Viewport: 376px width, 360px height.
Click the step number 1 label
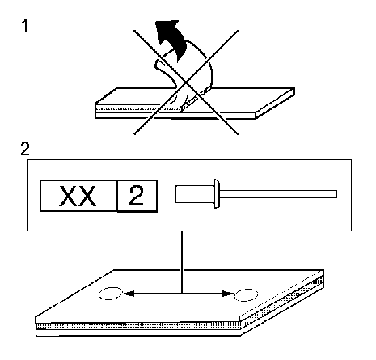pyautogui.click(x=25, y=26)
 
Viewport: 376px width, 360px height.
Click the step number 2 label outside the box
pyautogui.click(x=25, y=149)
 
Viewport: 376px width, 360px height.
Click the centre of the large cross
pyautogui.click(x=186, y=82)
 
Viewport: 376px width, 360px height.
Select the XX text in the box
pyautogui.click(x=78, y=196)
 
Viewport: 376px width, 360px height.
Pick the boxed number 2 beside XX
pyautogui.click(x=137, y=196)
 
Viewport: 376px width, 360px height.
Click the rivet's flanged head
pyautogui.click(x=217, y=193)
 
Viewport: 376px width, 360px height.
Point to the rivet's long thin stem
pyautogui.click(x=278, y=194)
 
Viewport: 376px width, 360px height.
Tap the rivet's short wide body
pyautogui.click(x=195, y=194)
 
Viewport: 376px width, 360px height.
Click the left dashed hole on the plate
pyautogui.click(x=111, y=294)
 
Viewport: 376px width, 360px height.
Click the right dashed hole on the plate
pyautogui.click(x=246, y=294)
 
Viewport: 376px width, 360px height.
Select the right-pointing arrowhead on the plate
pyautogui.click(x=228, y=294)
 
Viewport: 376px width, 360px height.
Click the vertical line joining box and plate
pyautogui.click(x=182, y=262)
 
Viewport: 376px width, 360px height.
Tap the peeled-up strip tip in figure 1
pyautogui.click(x=157, y=64)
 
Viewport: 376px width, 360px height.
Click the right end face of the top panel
pyautogui.click(x=275, y=104)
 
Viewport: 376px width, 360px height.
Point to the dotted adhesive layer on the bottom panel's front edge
pyautogui.click(x=138, y=326)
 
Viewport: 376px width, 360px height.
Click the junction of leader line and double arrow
pyautogui.click(x=182, y=294)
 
